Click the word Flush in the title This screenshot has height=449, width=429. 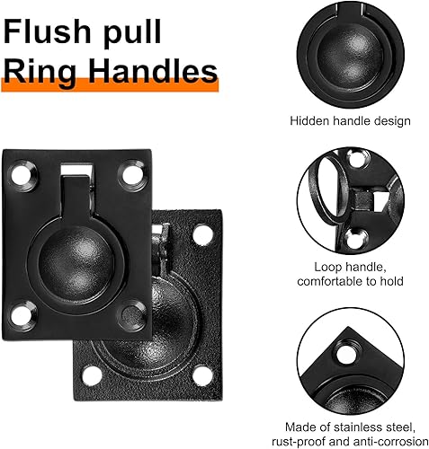pyautogui.click(x=47, y=31)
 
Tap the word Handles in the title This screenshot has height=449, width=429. pyautogui.click(x=153, y=71)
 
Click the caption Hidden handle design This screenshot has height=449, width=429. pyautogui.click(x=350, y=121)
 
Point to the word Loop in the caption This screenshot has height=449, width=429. pyautogui.click(x=326, y=268)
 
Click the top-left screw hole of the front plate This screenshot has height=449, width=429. pyautogui.click(x=22, y=175)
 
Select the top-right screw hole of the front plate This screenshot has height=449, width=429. pyautogui.click(x=133, y=175)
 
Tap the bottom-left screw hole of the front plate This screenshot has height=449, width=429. pyautogui.click(x=22, y=316)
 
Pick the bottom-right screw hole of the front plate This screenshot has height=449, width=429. pyautogui.click(x=133, y=316)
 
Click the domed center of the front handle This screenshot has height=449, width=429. pyautogui.click(x=76, y=263)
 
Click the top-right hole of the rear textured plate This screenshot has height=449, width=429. pyautogui.click(x=202, y=234)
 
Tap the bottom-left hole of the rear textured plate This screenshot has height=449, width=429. pyautogui.click(x=92, y=375)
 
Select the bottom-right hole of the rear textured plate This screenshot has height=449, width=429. pyautogui.click(x=202, y=375)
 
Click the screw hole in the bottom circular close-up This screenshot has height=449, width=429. pyautogui.click(x=346, y=355)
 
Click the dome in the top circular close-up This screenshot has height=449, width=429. pyautogui.click(x=350, y=55)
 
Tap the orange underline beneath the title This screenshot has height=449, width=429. pyautogui.click(x=110, y=85)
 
